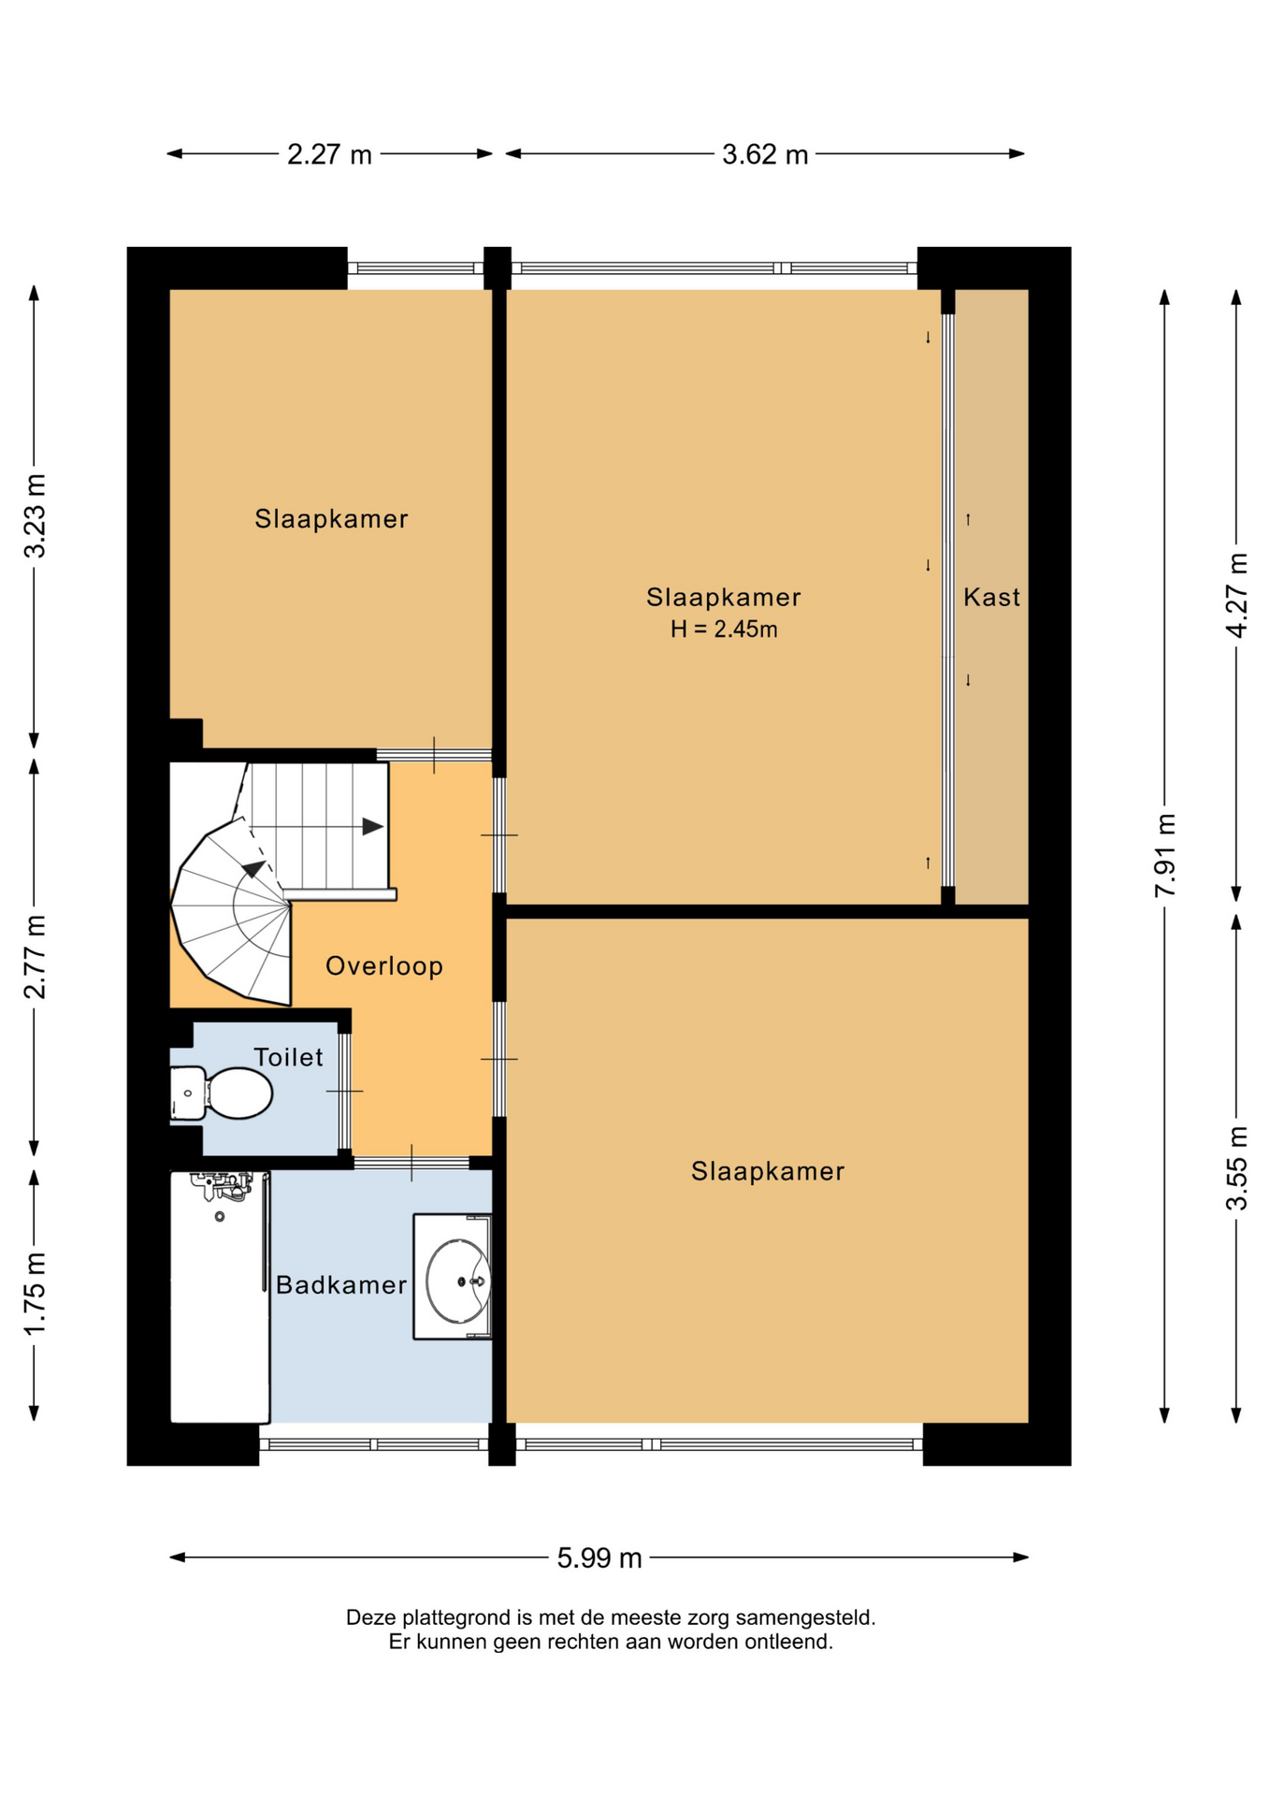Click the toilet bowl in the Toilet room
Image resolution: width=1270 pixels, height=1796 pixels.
pos(222,1093)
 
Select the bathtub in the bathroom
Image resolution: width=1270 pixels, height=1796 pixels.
pos(221,1296)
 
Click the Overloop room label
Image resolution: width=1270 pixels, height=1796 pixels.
pos(384,966)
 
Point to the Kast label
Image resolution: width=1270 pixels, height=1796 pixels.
pos(992,597)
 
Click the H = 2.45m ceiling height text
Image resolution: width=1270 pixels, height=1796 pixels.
pos(724,630)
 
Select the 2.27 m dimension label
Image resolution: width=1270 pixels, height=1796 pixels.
pos(329,154)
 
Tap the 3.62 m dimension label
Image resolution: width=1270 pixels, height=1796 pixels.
pos(765,154)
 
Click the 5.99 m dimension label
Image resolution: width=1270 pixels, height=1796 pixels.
pos(599,1557)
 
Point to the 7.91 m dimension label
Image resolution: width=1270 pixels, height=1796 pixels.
pos(1164,855)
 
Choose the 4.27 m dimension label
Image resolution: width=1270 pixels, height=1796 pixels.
pos(1236,596)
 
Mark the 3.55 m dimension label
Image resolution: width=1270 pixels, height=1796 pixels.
pos(1236,1168)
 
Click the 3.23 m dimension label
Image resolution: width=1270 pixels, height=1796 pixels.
pos(35,516)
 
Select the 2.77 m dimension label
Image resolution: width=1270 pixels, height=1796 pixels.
pos(35,957)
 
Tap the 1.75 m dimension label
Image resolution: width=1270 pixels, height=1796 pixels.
pos(35,1295)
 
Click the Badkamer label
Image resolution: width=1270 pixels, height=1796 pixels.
pos(341,1285)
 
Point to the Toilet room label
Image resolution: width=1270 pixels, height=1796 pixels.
pos(289,1057)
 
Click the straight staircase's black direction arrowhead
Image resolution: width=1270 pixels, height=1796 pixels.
pos(373,827)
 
